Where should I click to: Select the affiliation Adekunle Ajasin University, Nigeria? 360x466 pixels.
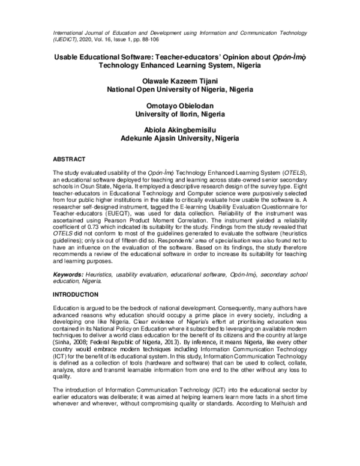click(x=179, y=136)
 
